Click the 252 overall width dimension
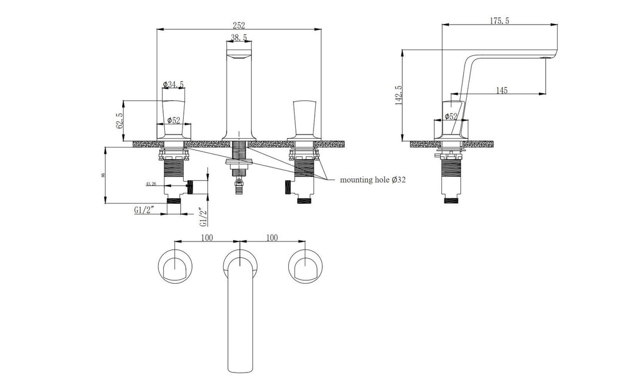238,25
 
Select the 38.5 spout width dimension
238,38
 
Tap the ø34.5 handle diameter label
174,85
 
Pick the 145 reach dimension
501,90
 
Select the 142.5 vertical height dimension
399,95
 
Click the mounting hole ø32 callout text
373,180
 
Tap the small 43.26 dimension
150,184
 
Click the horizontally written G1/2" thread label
144,209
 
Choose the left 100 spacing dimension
207,237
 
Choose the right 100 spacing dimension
271,237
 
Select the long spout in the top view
239,317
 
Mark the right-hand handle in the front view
303,120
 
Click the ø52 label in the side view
451,116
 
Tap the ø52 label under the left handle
174,120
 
